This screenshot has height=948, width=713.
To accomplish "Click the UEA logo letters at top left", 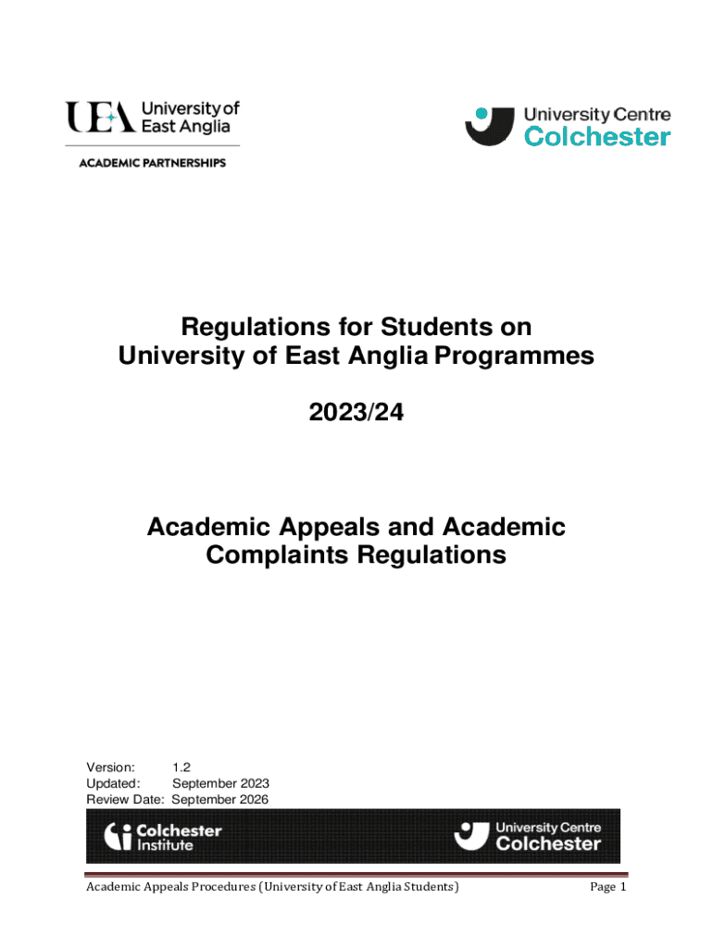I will click(99, 118).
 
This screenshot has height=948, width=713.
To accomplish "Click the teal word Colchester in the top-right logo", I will click(597, 137).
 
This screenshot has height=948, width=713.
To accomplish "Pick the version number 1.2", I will click(181, 767).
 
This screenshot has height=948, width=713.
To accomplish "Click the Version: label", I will click(111, 767).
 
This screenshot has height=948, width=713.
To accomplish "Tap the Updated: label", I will click(113, 783).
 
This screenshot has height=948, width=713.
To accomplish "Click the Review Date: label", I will click(125, 799).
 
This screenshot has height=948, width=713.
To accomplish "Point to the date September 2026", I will click(220, 799).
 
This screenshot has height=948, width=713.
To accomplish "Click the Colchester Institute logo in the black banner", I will click(163, 837).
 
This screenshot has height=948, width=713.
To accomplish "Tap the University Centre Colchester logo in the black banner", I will click(528, 836).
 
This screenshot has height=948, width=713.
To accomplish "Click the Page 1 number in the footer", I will click(608, 888).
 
